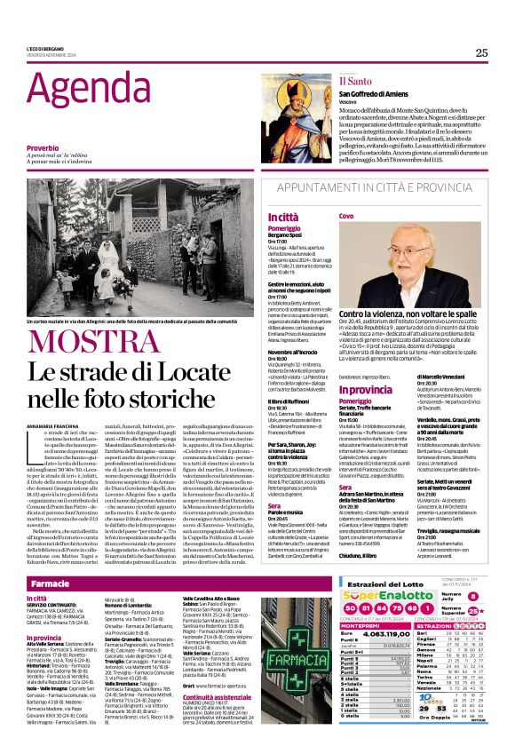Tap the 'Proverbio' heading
pos(43,147)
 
